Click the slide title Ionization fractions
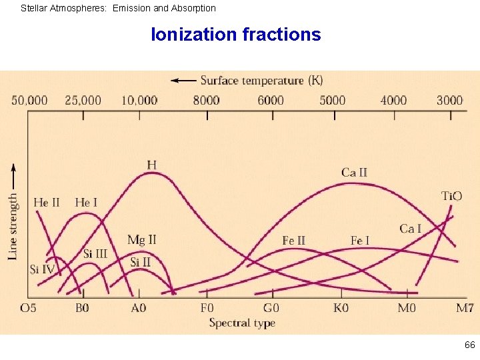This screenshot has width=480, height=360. tap(236, 35)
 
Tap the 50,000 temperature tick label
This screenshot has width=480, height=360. tap(30, 101)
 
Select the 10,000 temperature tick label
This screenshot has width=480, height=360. tap(139, 101)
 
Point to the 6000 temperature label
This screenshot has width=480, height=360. tap(271, 101)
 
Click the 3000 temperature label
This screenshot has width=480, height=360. tap(449, 101)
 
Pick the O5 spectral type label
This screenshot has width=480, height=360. tap(29, 308)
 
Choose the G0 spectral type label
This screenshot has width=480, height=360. tap(271, 308)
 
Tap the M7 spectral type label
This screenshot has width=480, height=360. tap(465, 308)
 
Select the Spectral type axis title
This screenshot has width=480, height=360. tap(242, 323)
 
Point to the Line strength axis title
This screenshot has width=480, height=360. tap(13, 227)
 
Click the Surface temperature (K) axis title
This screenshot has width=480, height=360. tap(261, 81)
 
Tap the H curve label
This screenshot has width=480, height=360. tap(152, 165)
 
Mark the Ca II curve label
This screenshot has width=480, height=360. tap(354, 173)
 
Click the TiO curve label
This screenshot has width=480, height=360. tap(451, 196)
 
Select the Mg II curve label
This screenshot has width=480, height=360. tap(141, 240)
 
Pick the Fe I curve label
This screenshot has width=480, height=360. tap(359, 241)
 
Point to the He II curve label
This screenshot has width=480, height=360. tap(47, 203)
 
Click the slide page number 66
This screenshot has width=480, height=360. tap(470, 345)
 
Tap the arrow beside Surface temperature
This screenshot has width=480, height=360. tap(183, 81)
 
